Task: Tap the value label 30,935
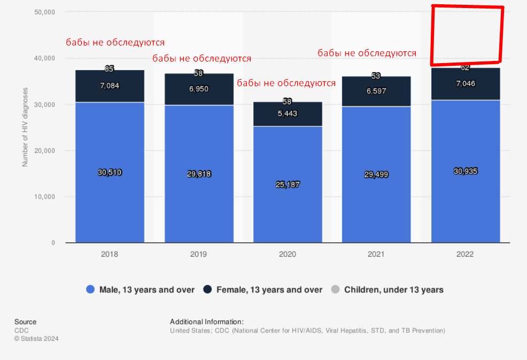pyautogui.click(x=466, y=171)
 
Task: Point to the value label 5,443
pyautogui.click(x=288, y=113)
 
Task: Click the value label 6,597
pyautogui.click(x=376, y=91)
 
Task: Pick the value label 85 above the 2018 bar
pyautogui.click(x=110, y=68)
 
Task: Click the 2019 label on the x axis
pyautogui.click(x=198, y=254)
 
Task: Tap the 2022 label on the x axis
pyautogui.click(x=465, y=254)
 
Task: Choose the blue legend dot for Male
pyautogui.click(x=90, y=290)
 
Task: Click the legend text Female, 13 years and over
pyautogui.click(x=269, y=290)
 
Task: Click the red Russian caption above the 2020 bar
pyautogui.click(x=286, y=83)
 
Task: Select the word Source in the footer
pyautogui.click(x=25, y=321)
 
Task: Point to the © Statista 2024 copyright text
pyautogui.click(x=36, y=339)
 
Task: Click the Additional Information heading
pyautogui.click(x=207, y=321)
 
